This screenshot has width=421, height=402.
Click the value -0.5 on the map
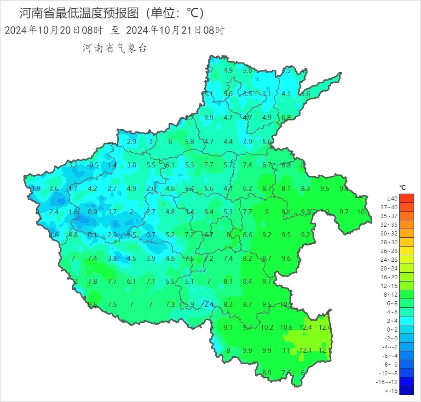coord(93,165)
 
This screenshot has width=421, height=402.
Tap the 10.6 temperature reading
coord(286,327)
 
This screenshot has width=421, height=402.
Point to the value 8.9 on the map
coord(267,373)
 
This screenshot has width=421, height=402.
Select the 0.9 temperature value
coord(92,212)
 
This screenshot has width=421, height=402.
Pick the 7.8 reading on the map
coord(92,281)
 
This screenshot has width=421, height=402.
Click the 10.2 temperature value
coord(267,327)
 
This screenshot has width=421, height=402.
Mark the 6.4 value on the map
coord(209,212)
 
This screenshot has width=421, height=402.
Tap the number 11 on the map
coord(286,350)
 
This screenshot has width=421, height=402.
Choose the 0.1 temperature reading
coord(92,235)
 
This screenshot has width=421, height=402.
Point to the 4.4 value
coord(228,142)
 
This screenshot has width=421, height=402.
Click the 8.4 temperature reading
coord(248,281)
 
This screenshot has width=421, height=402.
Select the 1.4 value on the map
coord(112,165)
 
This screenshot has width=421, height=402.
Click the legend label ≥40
coord(392,198)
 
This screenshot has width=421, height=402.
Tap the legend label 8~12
coord(392,294)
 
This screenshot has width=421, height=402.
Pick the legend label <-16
coord(392,391)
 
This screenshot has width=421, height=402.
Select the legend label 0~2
coord(392,329)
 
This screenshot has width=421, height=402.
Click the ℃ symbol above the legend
coord(403,188)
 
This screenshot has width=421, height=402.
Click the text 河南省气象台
coord(115,48)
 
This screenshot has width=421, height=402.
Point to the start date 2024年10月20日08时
coord(53,31)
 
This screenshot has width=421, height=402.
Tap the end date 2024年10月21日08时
coord(175,31)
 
